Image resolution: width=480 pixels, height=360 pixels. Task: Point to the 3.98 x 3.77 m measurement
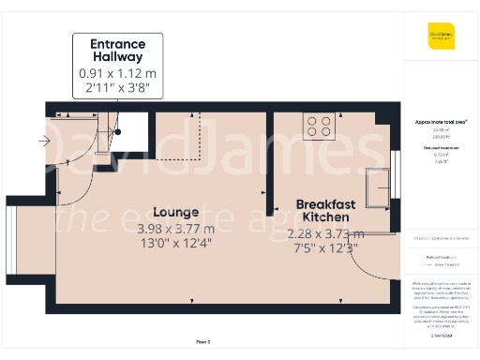pyautogui.click(x=176, y=228)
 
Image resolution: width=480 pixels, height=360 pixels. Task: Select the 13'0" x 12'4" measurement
pyautogui.click(x=176, y=244)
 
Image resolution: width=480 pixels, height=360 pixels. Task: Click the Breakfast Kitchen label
pyautogui.click(x=325, y=211)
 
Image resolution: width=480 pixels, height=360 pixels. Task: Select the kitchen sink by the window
pyautogui.click(x=381, y=186)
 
